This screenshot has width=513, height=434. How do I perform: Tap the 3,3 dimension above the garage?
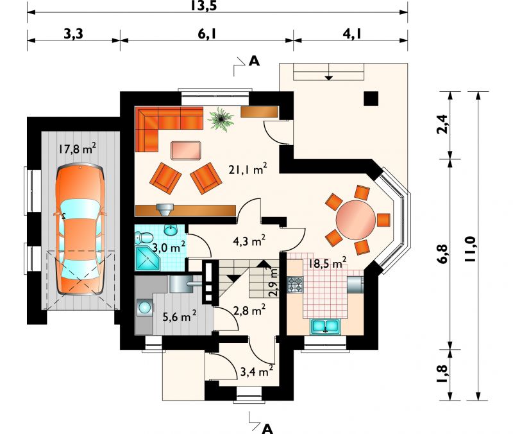(x=73, y=33)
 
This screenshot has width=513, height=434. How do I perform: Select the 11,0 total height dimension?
(x=471, y=249)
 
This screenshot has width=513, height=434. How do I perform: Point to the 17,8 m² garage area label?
(x=77, y=149)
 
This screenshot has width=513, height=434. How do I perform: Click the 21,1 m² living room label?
(x=248, y=169)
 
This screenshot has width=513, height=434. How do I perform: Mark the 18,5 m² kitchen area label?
(x=328, y=263)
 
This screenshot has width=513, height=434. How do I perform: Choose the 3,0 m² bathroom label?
(x=169, y=247)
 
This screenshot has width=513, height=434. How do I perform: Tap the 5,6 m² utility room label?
(x=180, y=317)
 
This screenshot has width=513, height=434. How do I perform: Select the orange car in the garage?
(x=80, y=230)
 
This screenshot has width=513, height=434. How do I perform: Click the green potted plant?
(x=221, y=119)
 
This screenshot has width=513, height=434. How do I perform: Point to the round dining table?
(x=356, y=220)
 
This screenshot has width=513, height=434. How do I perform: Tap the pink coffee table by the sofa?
(x=186, y=150)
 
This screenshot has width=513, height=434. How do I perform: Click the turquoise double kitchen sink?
(x=326, y=326)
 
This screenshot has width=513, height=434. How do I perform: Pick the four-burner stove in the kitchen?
(x=295, y=284)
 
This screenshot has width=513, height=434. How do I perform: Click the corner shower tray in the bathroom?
(x=148, y=259)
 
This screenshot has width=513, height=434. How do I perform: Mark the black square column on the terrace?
(x=371, y=98)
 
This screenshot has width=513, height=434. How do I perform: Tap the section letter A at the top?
(x=254, y=61)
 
